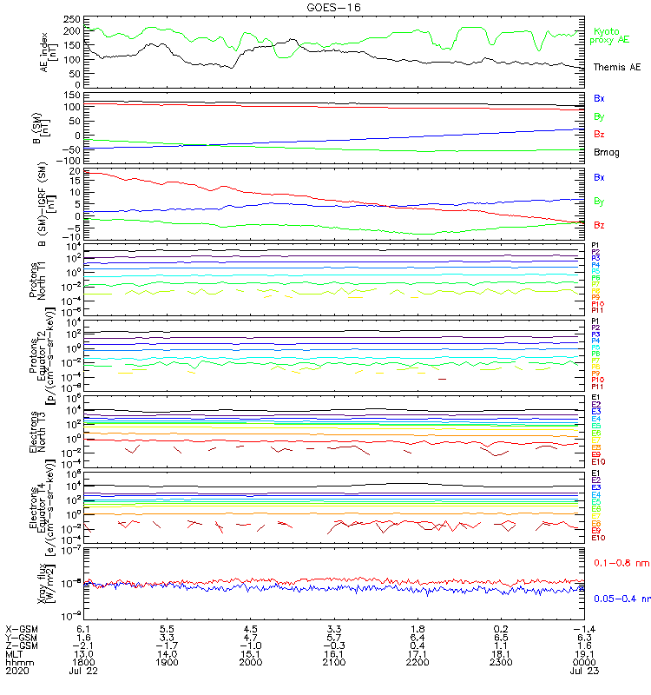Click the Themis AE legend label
pyautogui.click(x=616, y=67)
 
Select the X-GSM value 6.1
pyautogui.click(x=83, y=628)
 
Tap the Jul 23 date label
pyautogui.click(x=583, y=672)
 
